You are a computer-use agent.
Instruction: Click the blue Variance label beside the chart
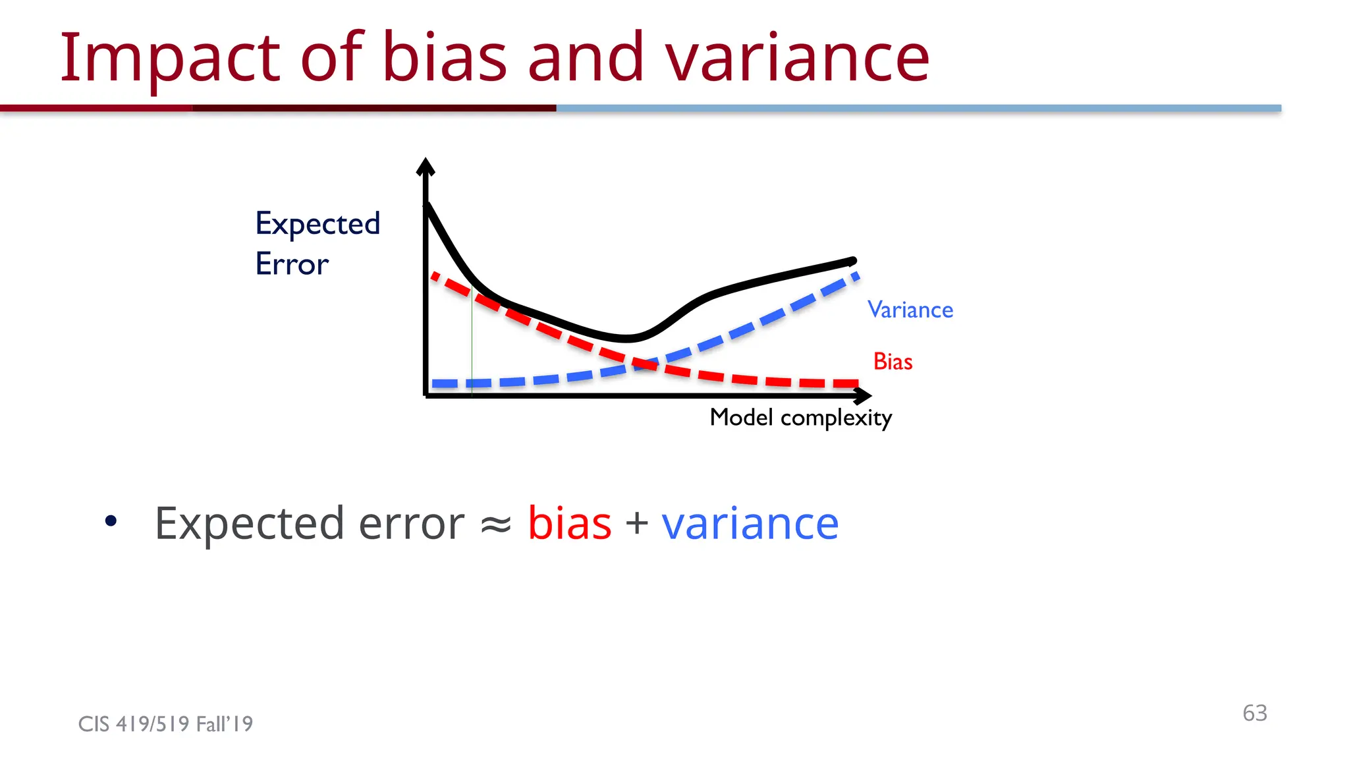[x=910, y=310]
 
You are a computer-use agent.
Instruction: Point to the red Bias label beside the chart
[x=893, y=362]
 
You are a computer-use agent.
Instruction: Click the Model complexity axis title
[x=800, y=418]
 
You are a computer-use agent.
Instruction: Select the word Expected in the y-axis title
[x=317, y=224]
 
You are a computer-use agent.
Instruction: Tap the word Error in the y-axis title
[x=292, y=264]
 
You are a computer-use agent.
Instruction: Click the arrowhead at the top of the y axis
[x=426, y=167]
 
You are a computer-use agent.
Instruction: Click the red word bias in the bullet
[x=570, y=524]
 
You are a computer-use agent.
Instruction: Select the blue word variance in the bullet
[x=750, y=524]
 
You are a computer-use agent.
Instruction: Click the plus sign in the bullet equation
[x=637, y=524]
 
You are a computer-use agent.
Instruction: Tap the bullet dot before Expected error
[x=111, y=521]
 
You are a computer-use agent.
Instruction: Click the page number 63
[x=1255, y=713]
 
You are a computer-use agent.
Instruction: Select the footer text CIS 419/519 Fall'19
[x=165, y=724]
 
